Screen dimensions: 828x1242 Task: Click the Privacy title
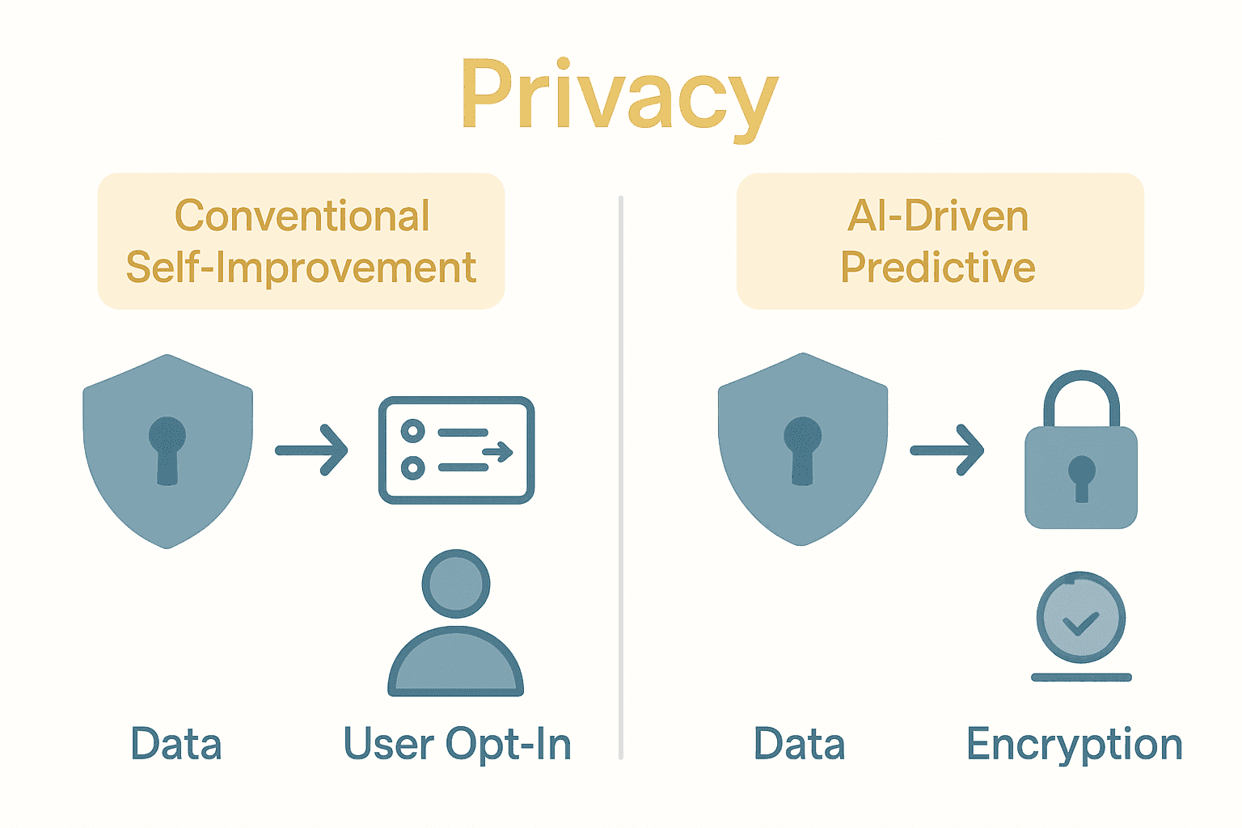619,95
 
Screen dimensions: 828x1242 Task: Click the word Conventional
302,216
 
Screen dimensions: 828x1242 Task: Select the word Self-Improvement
301,268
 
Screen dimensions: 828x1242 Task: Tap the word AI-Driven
938,216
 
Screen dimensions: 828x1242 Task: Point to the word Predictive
938,268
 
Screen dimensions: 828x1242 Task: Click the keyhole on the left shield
167,449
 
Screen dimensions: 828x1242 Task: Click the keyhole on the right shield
802,449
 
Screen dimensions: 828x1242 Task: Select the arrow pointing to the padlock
947,450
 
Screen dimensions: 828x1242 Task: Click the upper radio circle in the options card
413,431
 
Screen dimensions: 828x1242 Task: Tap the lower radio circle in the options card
413,467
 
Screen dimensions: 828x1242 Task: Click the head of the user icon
456,583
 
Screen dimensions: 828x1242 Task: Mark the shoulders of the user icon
456,663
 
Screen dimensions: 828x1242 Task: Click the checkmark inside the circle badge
1081,623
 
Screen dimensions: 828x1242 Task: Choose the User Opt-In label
458,745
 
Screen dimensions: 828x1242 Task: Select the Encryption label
1075,745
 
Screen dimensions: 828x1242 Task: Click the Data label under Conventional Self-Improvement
176,745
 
